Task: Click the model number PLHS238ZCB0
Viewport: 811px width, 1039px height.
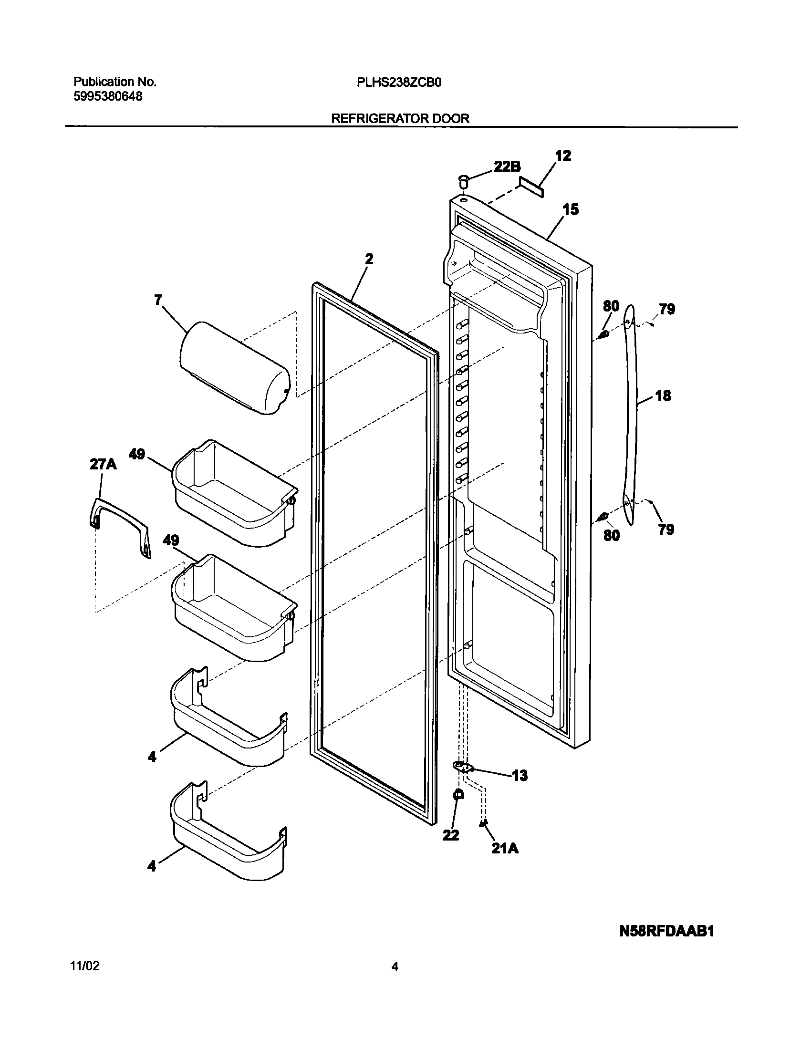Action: point(399,83)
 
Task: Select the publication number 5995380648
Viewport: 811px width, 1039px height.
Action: point(108,96)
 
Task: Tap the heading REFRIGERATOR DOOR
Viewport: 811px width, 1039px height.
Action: point(400,119)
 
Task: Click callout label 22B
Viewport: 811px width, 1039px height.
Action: point(506,166)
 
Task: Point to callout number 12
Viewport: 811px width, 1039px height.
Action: point(563,156)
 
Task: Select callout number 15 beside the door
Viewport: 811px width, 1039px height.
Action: point(570,209)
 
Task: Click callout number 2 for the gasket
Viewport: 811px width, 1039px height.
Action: point(369,259)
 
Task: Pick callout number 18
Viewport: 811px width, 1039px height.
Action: point(663,395)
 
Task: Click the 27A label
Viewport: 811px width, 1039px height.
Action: point(103,464)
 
